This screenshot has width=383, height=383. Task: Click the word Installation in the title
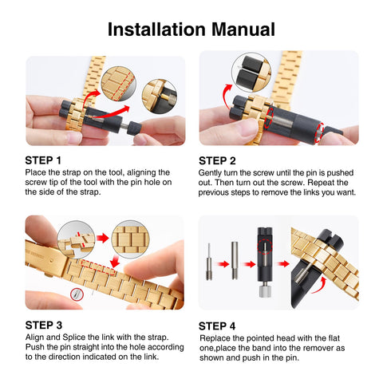pos(156,29)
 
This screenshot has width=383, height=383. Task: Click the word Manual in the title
pos(243,29)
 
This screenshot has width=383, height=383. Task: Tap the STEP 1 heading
pos(43,160)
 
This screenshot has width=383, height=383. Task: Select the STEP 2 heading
pos(217,160)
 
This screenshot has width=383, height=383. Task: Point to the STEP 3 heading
pos(44,325)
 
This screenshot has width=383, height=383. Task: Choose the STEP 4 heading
pos(217,326)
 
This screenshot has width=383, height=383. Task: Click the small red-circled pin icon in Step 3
pos(77,294)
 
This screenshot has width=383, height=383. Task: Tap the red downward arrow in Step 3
pos(115,261)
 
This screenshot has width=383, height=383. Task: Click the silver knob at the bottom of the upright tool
pos(265,290)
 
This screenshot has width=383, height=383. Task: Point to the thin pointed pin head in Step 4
pos(209,262)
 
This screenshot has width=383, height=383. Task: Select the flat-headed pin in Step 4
pos(235,260)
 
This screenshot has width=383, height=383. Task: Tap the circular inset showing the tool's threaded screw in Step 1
pos(160,97)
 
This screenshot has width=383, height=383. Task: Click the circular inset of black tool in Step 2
pos(251,72)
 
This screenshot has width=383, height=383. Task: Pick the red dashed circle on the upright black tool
pos(265,246)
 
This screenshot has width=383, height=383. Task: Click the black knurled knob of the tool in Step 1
pos(134,128)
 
